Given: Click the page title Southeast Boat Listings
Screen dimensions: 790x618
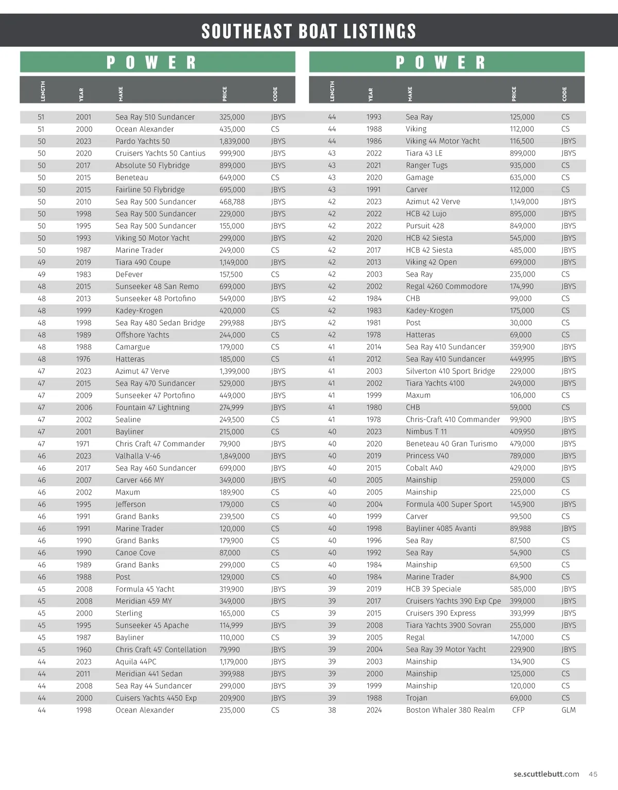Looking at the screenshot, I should point(308,31).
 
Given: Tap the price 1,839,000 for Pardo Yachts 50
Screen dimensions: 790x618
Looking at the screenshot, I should point(234,141).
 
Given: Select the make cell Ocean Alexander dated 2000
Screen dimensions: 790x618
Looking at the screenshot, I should point(144,129).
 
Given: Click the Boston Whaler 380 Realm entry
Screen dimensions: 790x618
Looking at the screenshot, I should point(450,710).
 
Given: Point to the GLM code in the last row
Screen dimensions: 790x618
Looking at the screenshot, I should point(568,710).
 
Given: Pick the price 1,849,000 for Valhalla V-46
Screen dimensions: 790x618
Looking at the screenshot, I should point(234,456).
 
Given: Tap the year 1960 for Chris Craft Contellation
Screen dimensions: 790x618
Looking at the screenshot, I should point(83,649).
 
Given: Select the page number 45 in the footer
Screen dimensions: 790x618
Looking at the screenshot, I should point(593,774).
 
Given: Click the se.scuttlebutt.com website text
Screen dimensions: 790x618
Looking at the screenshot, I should point(546,774).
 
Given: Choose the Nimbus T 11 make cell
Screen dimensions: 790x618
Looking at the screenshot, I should point(426,432).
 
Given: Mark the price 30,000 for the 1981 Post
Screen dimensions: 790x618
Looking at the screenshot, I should point(521,323).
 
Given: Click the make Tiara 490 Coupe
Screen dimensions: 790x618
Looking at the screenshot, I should point(143,262).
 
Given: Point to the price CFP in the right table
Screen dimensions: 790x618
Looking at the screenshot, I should point(518,710).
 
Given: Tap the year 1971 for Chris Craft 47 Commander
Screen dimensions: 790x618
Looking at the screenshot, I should point(82,444).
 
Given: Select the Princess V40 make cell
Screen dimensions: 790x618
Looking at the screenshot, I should point(427,456).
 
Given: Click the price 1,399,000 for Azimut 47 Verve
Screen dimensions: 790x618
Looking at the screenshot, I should point(234,371).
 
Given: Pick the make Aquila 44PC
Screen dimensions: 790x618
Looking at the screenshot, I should point(135,662).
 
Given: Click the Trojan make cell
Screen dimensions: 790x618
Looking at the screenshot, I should point(416,698).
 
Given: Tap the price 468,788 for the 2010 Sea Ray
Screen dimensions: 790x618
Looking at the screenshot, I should point(232,202).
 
